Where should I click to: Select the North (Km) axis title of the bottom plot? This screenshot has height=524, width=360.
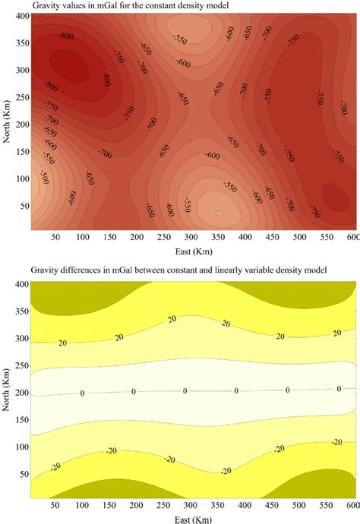(x=7, y=388)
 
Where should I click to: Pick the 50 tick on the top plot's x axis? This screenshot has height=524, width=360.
(x=55, y=238)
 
